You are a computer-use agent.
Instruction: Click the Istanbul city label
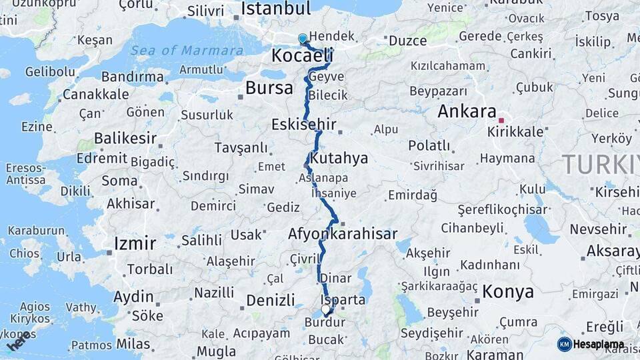coord(275,9)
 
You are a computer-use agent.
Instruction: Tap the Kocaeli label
coord(301,56)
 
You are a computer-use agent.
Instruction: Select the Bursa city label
coord(269,87)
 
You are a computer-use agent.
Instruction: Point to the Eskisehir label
coord(303,125)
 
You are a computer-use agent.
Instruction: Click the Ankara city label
coord(467,111)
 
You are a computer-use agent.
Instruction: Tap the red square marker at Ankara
coord(501,121)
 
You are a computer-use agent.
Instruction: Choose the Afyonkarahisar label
coord(343,234)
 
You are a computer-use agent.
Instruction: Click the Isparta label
coord(343,299)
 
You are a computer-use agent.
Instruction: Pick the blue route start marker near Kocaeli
coord(303,39)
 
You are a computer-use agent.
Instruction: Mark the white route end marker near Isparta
coord(325,309)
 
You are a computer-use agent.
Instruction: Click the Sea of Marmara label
coord(187,51)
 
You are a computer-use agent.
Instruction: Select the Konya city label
coord(507,291)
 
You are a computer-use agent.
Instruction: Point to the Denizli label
coord(270,300)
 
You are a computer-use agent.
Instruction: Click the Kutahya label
coord(339,158)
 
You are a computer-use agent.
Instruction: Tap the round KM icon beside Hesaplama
coord(564,344)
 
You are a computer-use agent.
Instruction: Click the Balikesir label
coord(125,139)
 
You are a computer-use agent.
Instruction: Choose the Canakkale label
coord(95,94)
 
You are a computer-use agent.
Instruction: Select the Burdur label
coord(325,323)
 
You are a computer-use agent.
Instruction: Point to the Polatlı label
coord(429,145)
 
